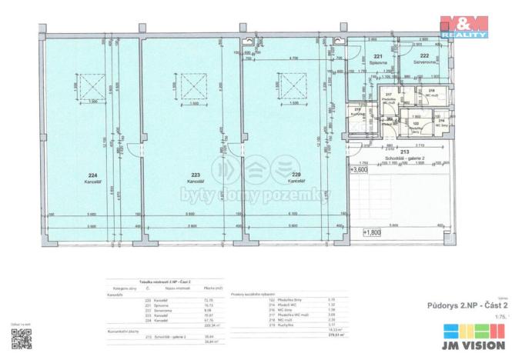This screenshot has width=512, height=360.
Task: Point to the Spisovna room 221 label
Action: (x=378, y=60)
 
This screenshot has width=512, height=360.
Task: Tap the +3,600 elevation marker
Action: (x=360, y=171)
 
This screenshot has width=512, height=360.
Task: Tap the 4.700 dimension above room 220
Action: (x=294, y=58)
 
